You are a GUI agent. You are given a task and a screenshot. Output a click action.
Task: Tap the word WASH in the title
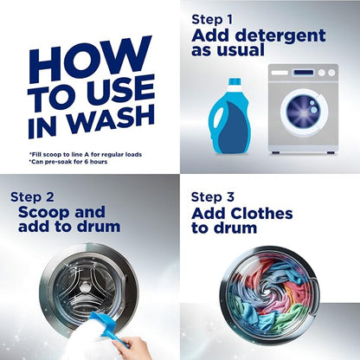click(112, 119)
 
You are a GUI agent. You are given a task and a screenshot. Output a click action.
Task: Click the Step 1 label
click(212, 20)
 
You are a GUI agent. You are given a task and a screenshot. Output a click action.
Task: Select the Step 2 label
click(32, 197)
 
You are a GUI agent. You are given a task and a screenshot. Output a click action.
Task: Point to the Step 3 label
click(213, 197)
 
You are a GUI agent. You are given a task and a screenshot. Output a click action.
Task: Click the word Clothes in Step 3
click(261, 214)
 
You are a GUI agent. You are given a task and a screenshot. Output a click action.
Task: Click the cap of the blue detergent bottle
click(235, 81)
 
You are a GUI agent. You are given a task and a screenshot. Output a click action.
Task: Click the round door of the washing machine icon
click(304, 111)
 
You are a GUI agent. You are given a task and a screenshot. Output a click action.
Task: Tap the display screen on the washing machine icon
click(303, 73)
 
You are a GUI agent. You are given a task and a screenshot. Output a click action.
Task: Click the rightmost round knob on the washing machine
click(331, 73)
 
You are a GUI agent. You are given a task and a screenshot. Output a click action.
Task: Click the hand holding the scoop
click(132, 349)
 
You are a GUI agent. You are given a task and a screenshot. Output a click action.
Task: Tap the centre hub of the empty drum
click(85, 286)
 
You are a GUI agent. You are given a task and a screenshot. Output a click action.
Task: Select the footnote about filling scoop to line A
click(86, 155)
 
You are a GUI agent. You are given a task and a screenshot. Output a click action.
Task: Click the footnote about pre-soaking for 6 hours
click(68, 162)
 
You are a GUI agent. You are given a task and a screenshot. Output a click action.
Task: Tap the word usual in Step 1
click(244, 50)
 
